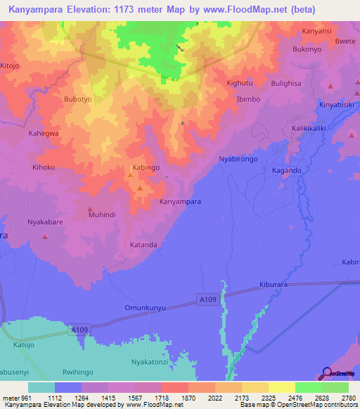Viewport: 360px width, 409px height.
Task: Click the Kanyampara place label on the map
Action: click(181, 202)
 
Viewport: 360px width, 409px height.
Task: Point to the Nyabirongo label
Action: click(238, 160)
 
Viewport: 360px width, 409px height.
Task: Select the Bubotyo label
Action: click(78, 100)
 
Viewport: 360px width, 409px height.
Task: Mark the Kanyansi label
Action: click(315, 32)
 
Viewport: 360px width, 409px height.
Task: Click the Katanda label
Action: click(143, 245)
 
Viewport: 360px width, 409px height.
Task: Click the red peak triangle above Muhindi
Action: click(90, 209)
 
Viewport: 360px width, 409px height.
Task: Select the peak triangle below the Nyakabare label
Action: click(45, 236)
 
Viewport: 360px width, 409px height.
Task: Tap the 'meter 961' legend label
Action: click(15, 398)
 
